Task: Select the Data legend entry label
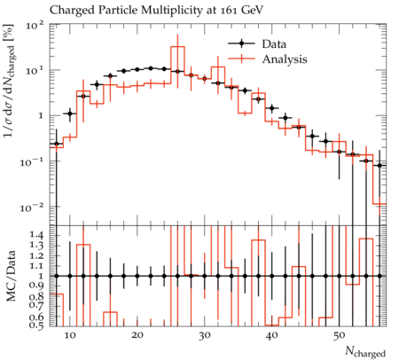(x=274, y=44)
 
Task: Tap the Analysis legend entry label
(x=285, y=59)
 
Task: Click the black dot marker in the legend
(x=241, y=43)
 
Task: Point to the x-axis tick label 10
(x=70, y=335)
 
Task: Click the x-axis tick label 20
(x=137, y=335)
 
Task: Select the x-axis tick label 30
(x=205, y=335)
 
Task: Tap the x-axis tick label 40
(x=272, y=335)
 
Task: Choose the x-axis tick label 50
(x=340, y=335)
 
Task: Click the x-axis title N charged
(x=365, y=351)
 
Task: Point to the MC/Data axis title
(x=12, y=276)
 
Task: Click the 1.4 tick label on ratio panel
(x=38, y=235)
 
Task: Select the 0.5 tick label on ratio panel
(x=38, y=325)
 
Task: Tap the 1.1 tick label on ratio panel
(x=38, y=266)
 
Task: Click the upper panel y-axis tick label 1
(x=42, y=116)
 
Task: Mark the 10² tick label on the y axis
(x=35, y=26)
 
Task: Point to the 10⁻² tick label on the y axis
(x=33, y=207)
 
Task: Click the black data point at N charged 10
(x=70, y=113)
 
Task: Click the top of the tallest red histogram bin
(x=177, y=46)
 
